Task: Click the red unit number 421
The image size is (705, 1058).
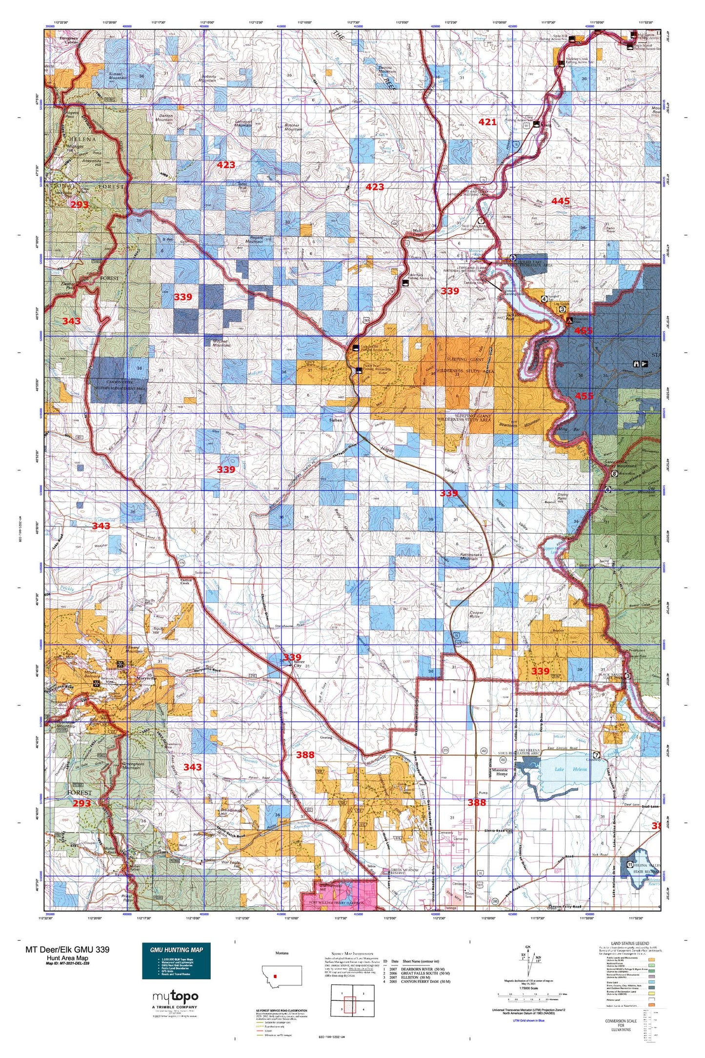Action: tap(487, 122)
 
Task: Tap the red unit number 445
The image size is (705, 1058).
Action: tap(561, 201)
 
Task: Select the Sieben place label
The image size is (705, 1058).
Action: tap(336, 420)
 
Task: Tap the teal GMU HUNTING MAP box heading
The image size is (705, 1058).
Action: tap(176, 950)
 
